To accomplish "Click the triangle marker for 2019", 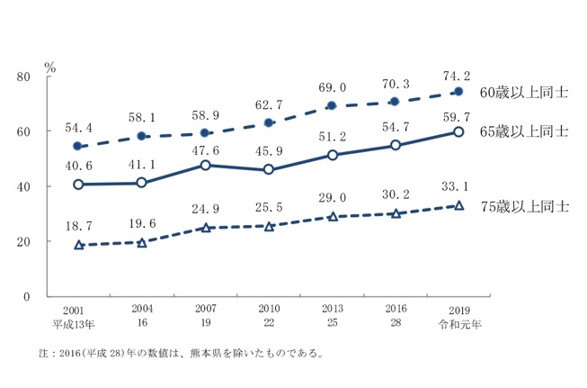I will tap(458, 205).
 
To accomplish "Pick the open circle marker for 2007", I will tap(206, 165).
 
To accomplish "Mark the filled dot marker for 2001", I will tap(78, 146).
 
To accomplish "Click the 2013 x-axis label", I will tap(333, 309).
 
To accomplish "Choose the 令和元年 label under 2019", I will tap(458, 321).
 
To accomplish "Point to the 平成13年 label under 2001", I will tap(78, 321).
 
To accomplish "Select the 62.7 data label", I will tap(269, 104).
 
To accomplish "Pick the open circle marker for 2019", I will tap(458, 131).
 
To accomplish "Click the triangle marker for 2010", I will tap(269, 226).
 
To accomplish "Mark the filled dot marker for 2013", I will tap(333, 105).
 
